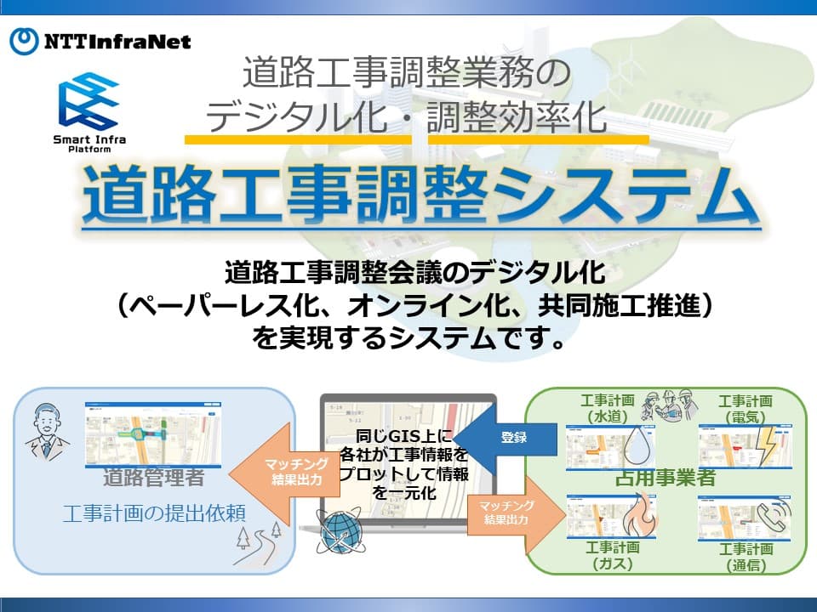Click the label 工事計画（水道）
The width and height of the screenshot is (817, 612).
[x=608, y=407]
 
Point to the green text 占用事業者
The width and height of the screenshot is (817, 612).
[x=665, y=478]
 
